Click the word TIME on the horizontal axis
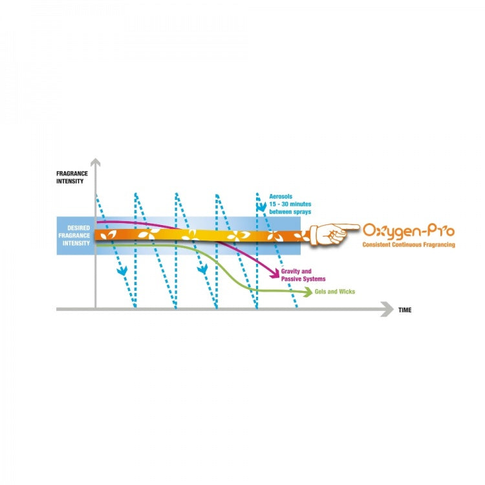[405, 310]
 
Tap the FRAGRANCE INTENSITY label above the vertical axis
[70, 178]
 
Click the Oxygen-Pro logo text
[409, 230]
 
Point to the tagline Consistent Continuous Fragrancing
[409, 245]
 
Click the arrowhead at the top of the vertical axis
[95, 162]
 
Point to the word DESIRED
[78, 228]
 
